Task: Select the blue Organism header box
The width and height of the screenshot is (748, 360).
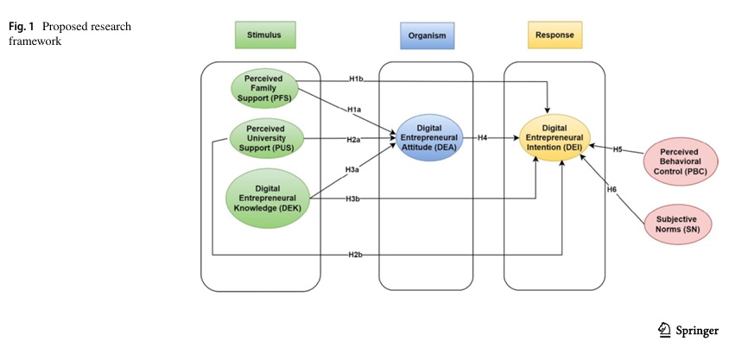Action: pos(427,35)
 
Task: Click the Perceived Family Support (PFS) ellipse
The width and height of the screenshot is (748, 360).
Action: pos(263,86)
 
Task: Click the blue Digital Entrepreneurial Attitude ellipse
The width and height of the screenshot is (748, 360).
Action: pos(428,137)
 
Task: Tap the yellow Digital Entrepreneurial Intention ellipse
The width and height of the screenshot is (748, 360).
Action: pos(555,137)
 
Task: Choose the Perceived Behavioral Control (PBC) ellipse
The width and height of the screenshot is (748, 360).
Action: pos(678,160)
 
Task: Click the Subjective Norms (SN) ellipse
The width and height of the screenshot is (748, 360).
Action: pos(678,224)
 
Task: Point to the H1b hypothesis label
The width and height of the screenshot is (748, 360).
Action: pos(355,79)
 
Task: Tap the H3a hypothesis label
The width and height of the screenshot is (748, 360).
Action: pos(353,170)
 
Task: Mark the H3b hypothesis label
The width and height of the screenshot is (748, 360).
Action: pos(352,200)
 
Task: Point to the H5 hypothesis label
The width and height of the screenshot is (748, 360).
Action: pos(618,149)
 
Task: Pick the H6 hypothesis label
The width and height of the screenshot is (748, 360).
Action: pos(612,188)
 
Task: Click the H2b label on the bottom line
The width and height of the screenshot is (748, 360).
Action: pos(355,255)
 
